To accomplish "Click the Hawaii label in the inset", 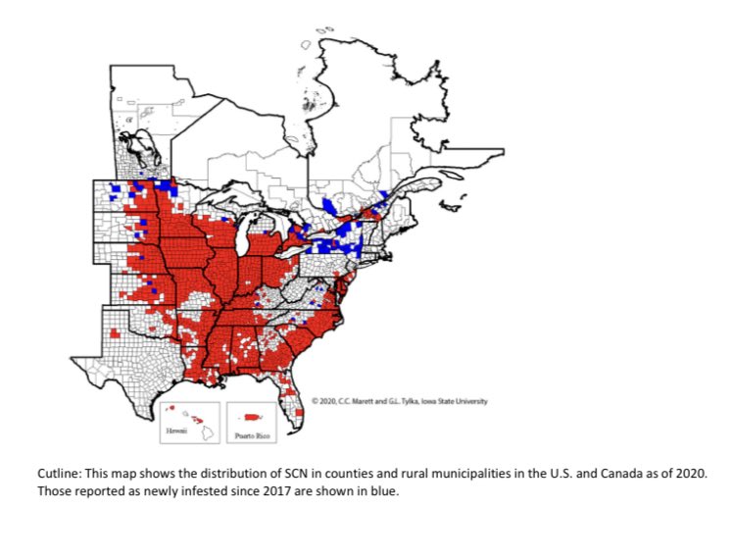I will point(173,432).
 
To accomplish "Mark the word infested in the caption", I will point(184,489).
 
